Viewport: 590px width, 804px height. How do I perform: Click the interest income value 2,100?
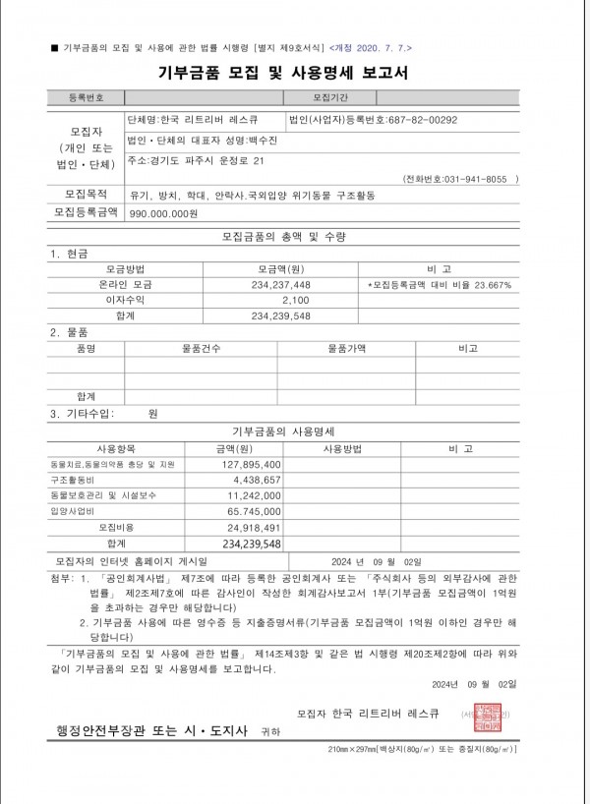tap(295, 300)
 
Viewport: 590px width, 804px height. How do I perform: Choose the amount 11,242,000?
tap(254, 495)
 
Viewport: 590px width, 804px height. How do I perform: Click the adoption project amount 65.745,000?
tap(254, 511)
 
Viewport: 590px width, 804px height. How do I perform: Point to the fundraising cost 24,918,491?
tap(254, 528)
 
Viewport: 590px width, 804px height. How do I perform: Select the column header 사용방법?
tap(343, 448)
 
